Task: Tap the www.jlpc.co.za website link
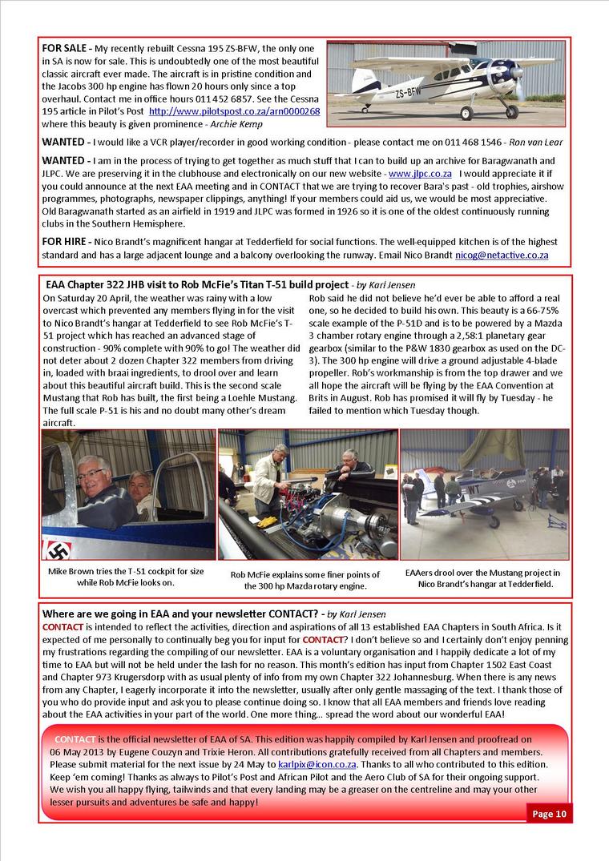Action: [420, 173]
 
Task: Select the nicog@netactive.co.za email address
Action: [502, 255]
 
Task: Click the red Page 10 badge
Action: [550, 814]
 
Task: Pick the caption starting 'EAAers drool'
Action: [483, 578]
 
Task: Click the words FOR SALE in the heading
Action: [64, 49]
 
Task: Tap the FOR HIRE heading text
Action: [64, 242]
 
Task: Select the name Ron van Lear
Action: [534, 143]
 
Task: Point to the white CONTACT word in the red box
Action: [75, 738]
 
